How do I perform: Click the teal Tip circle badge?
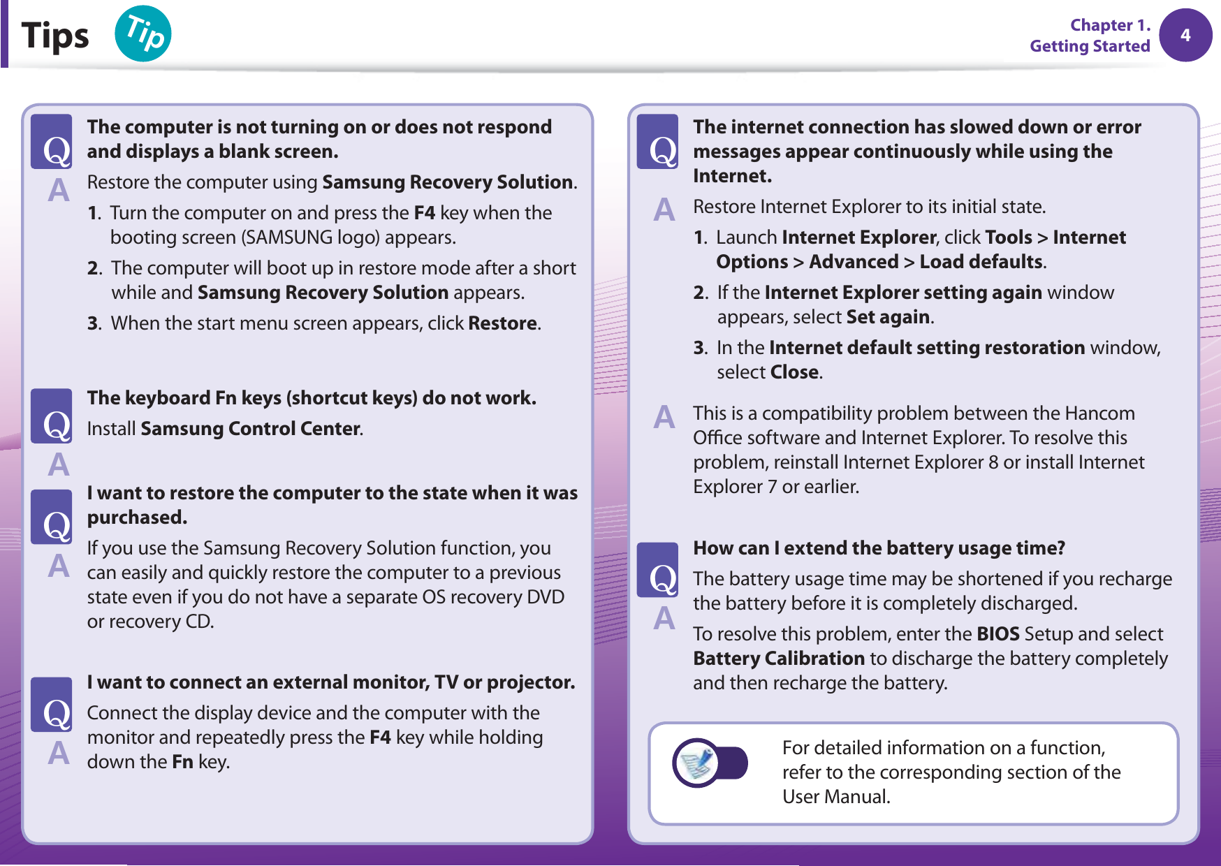[143, 34]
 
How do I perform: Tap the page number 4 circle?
[1185, 35]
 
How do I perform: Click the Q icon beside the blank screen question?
[52, 142]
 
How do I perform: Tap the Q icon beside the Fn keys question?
[52, 416]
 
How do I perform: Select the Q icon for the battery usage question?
[657, 570]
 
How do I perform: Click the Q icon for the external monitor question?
[52, 705]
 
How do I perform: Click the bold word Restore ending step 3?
[502, 323]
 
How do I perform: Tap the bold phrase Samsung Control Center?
[250, 429]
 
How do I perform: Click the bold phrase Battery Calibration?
[779, 659]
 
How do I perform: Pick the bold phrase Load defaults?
[981, 262]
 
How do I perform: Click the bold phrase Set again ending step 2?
[887, 317]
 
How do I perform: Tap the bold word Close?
[794, 372]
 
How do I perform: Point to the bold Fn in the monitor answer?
[182, 762]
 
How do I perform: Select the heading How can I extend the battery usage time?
[879, 548]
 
